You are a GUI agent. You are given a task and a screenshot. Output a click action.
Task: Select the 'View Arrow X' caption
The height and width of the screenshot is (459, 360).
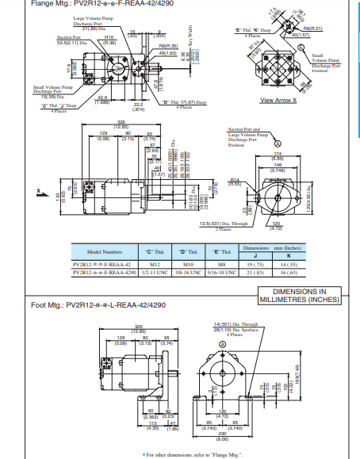pyautogui.click(x=278, y=100)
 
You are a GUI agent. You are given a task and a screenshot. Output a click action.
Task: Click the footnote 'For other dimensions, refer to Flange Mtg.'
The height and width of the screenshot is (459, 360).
pyautogui.click(x=181, y=454)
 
